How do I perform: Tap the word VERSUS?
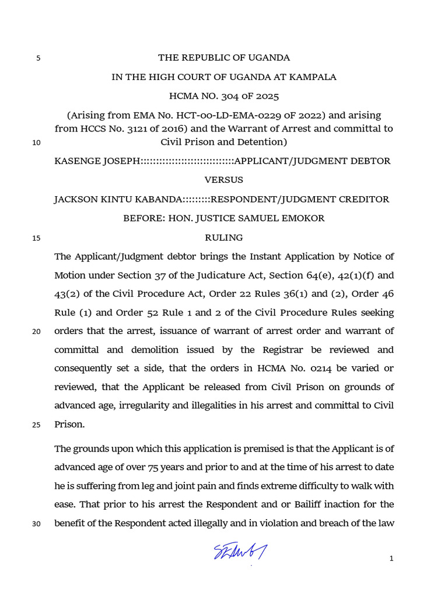coord(224,180)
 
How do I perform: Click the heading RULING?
coord(224,238)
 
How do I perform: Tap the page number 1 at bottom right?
coord(392,559)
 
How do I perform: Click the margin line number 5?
coord(38,58)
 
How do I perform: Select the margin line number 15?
coord(36,238)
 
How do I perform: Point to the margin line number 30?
coord(36,523)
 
